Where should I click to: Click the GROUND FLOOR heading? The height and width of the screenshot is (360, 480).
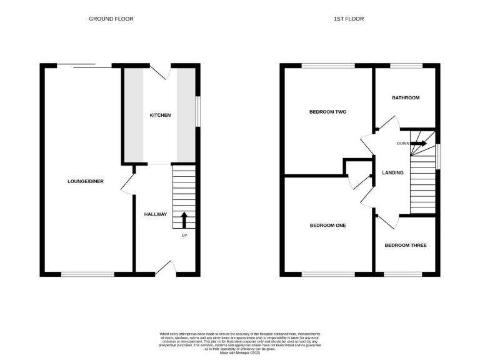pos(111,19)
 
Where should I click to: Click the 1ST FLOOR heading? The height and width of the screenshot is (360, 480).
pos(348,19)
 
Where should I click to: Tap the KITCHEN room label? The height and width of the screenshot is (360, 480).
pos(160,115)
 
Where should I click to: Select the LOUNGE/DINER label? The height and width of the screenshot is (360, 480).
pos(86,181)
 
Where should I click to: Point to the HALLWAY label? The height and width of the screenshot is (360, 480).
pos(156,214)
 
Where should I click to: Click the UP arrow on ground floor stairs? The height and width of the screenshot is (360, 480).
pos(184,221)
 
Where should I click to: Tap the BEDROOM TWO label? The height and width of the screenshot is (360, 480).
pos(327,112)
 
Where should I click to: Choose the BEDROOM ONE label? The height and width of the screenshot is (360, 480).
pos(327,225)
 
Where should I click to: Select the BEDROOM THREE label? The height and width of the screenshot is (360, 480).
pos(405,245)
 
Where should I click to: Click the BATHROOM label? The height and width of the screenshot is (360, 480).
pos(405,97)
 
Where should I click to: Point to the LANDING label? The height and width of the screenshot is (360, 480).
pos(392,172)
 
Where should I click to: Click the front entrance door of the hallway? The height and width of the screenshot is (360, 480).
pos(165,267)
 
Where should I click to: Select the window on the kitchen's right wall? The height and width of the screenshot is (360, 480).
pos(198,112)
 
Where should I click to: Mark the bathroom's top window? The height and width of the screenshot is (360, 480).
pos(405,65)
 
